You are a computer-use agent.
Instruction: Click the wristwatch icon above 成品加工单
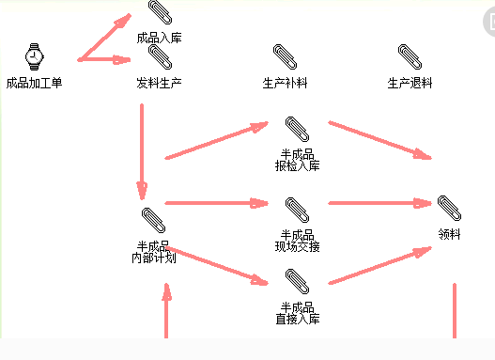pyautogui.click(x=34, y=56)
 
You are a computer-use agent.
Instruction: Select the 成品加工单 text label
pyautogui.click(x=34, y=83)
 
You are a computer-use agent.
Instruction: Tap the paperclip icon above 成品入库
pyautogui.click(x=159, y=12)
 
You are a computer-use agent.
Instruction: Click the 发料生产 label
pyautogui.click(x=159, y=83)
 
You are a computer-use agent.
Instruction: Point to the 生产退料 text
pyautogui.click(x=410, y=83)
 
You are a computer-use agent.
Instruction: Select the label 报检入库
pyautogui.click(x=298, y=166)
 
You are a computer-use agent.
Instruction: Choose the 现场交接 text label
pyautogui.click(x=298, y=246)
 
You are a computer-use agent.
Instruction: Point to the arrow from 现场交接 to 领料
pyautogui.click(x=376, y=202)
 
